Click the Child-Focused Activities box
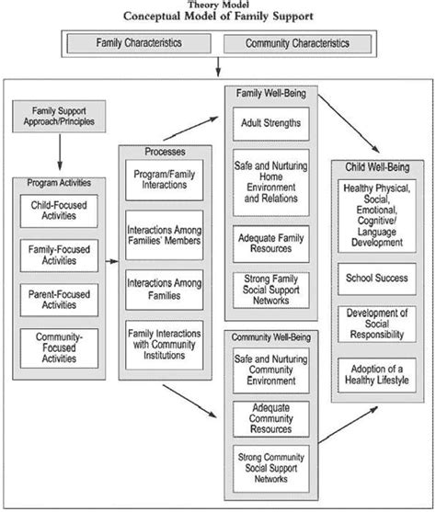(x=60, y=212)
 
